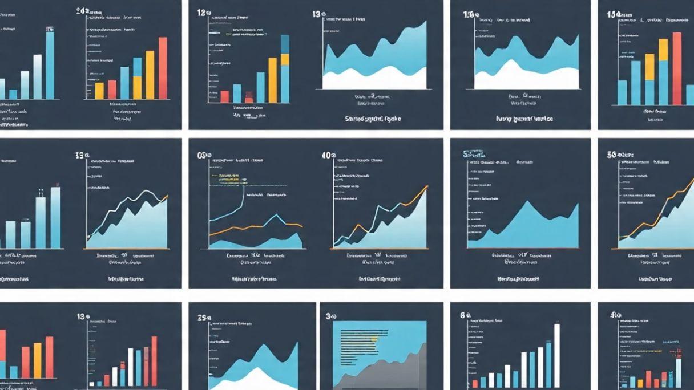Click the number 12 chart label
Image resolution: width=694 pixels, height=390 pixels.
tap(201, 13)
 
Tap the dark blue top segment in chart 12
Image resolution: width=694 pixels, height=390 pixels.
tap(285, 44)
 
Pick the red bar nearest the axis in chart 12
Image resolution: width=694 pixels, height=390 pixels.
tap(224, 96)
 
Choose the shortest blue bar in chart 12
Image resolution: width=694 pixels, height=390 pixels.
tap(237, 94)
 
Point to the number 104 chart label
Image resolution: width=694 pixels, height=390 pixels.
tap(614, 14)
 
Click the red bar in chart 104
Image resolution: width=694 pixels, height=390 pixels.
tap(677, 68)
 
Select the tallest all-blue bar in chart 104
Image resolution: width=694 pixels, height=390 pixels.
tap(636, 83)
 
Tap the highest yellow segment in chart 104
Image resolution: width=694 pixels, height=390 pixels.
tap(663, 50)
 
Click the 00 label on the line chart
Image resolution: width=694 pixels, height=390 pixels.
tap(201, 155)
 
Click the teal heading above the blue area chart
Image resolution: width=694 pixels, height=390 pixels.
tap(475, 154)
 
